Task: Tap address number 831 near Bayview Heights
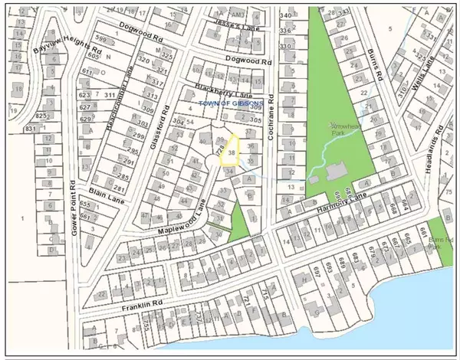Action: coord(30,129)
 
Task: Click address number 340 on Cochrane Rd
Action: coord(287,15)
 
